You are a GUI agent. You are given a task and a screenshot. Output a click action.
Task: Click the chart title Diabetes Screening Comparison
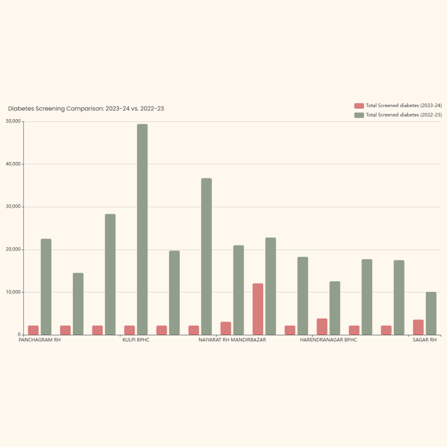tap(86, 109)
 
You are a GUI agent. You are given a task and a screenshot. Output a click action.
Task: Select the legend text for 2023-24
tap(404, 106)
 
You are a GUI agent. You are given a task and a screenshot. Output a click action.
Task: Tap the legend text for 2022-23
tap(404, 115)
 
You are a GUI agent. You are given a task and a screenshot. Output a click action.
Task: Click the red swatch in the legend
tap(359, 106)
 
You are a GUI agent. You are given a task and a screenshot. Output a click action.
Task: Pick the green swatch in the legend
tap(359, 115)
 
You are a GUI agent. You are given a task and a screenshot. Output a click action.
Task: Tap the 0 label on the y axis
tap(20, 335)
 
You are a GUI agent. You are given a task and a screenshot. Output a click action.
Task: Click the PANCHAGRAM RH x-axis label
tap(40, 340)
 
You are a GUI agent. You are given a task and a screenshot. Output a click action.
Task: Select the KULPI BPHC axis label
tap(136, 340)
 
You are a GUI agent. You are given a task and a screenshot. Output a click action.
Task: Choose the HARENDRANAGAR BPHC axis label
tap(328, 340)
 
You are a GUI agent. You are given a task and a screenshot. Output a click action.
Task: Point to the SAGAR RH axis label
tap(425, 340)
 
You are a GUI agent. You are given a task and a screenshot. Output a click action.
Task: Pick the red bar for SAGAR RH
tap(418, 327)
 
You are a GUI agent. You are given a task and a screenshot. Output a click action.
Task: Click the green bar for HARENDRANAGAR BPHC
tap(335, 308)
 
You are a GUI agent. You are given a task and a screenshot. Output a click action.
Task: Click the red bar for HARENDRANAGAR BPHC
tap(322, 327)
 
